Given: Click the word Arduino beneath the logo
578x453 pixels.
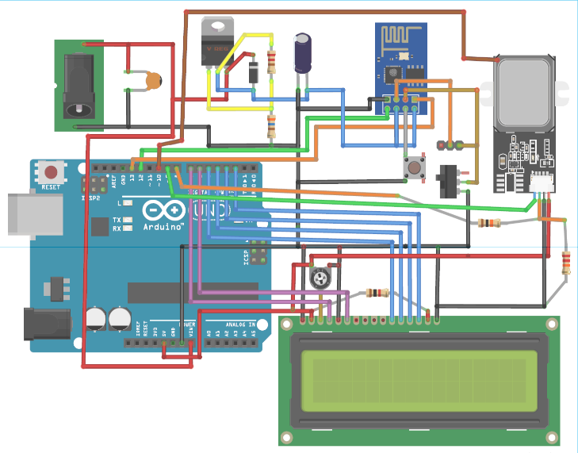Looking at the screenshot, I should pos(165,227).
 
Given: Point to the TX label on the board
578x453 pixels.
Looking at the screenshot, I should pos(117,219).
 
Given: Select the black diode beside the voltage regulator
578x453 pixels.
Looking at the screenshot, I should pos(253,71).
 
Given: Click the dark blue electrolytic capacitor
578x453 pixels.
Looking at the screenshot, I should pos(303,53).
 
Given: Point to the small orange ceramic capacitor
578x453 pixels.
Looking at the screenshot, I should pos(154,79).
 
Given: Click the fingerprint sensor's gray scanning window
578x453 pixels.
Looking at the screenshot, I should pos(524,91).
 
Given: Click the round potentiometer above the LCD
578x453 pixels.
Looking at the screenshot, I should pos(320,278).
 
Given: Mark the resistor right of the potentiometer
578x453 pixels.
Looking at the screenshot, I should pos(377,293).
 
